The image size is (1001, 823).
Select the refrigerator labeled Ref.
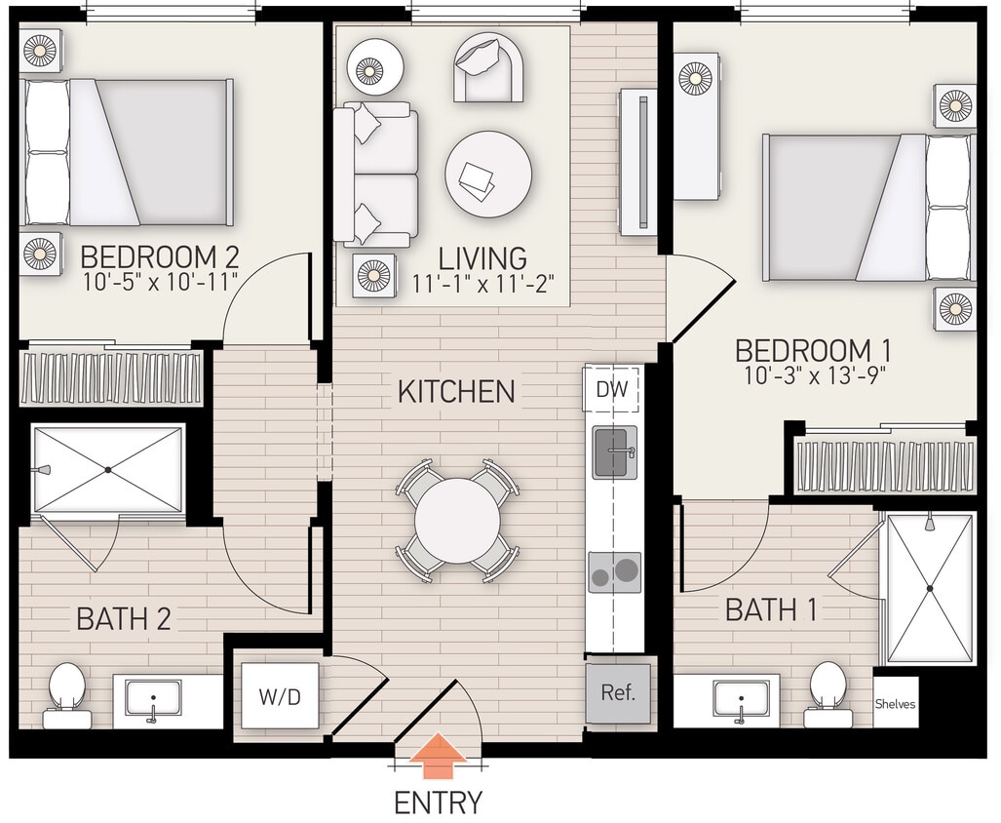(618, 693)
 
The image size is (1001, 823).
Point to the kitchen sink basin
(615, 451)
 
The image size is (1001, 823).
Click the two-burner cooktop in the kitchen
(615, 572)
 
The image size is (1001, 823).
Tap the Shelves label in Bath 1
(895, 704)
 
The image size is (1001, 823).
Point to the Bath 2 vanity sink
(153, 700)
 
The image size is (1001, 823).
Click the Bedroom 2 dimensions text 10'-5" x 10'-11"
(160, 284)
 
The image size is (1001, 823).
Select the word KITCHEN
(456, 392)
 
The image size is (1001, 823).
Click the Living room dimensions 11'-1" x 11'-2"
(482, 284)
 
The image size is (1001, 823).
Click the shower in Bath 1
(929, 588)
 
